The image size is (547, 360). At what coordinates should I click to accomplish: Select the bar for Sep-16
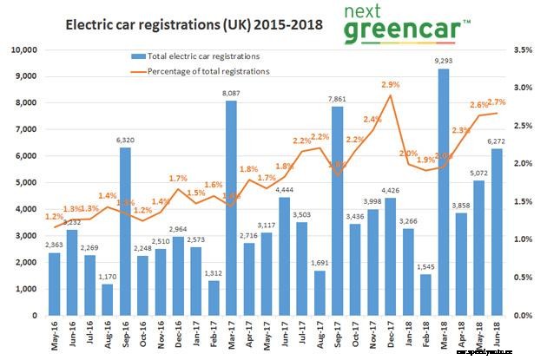[x=127, y=231]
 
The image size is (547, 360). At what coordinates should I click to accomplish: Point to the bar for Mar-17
[x=231, y=207]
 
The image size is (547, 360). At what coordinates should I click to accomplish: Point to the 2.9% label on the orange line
[x=389, y=85]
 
